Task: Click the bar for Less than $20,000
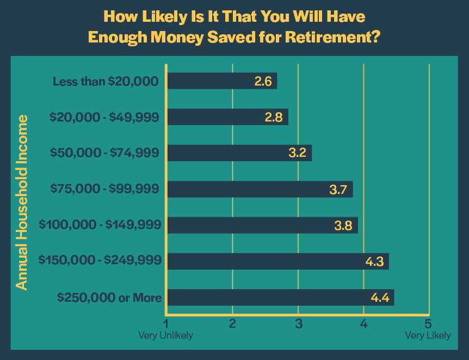[x=222, y=81]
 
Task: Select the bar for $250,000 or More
[x=280, y=297]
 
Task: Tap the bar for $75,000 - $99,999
[x=260, y=189]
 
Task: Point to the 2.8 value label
[x=274, y=117]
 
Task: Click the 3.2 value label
[x=298, y=153]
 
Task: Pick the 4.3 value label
[x=374, y=261]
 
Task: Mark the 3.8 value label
[x=344, y=225]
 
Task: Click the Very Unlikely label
[x=165, y=335]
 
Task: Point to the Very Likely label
[x=428, y=335]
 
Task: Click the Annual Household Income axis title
[x=21, y=201]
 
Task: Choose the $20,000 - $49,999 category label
[x=104, y=117]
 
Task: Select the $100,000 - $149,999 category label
[x=101, y=225]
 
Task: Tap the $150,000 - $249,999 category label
[x=100, y=261]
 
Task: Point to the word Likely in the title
[x=151, y=16]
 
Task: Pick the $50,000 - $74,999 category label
[x=104, y=153]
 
